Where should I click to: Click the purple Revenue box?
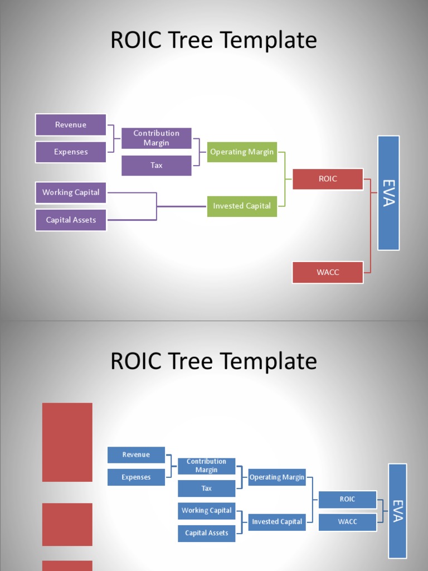coord(71,125)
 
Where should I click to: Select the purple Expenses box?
coord(71,152)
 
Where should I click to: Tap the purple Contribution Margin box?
coord(157,138)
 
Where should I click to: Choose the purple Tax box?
coord(157,166)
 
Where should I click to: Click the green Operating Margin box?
coord(242,152)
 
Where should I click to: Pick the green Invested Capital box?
coord(242,206)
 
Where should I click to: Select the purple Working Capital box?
coord(71,192)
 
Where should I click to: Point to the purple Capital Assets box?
coord(71,220)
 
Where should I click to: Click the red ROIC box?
coord(328,179)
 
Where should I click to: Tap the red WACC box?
coord(328,272)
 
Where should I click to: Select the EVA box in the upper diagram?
coord(388,193)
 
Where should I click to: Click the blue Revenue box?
coord(136,455)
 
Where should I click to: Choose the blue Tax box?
coord(207,488)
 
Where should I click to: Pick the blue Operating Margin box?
coord(277,477)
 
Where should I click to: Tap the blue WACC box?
coord(347,522)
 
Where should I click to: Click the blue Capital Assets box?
coord(207,533)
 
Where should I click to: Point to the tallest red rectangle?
coord(67,442)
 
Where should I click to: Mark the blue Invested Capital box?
coord(277,522)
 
